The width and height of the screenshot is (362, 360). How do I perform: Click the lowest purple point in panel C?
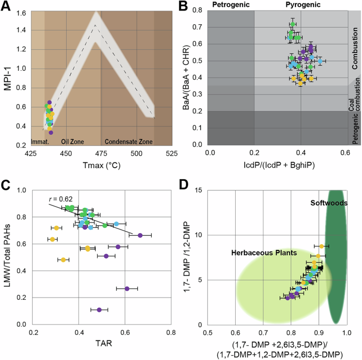(99, 310)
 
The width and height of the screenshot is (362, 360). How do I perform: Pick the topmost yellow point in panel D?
(321, 246)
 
